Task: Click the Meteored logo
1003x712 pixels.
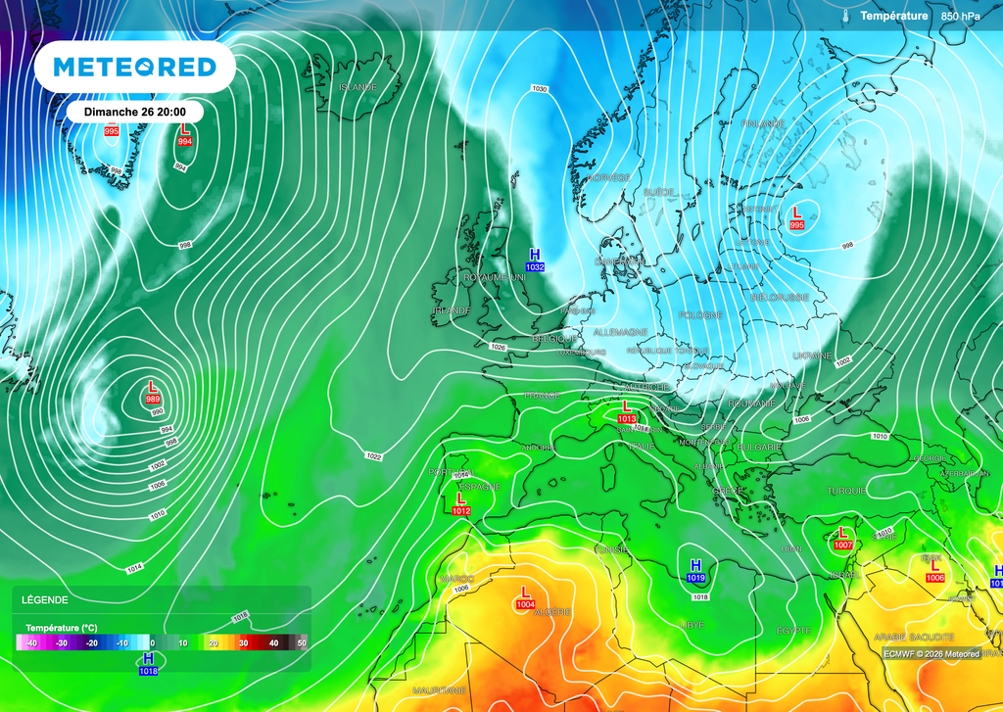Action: point(134,67)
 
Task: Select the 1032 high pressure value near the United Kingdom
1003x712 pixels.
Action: point(535,266)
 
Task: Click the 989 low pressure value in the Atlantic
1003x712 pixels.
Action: point(154,399)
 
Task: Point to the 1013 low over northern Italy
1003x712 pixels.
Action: point(628,418)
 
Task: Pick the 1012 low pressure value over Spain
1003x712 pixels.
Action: point(461,510)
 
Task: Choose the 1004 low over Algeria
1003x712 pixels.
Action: point(525,604)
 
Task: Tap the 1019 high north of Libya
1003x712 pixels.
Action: point(695,578)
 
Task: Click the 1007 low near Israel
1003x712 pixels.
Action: point(842,544)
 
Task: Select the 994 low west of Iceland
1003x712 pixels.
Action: point(184,142)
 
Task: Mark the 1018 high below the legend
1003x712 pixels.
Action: point(148,670)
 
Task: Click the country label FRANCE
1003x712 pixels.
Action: point(542,396)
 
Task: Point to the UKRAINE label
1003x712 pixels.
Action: point(811,356)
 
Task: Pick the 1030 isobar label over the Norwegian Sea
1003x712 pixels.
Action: point(539,89)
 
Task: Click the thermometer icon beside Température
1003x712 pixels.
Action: point(845,16)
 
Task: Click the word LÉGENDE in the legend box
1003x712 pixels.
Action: point(45,599)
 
